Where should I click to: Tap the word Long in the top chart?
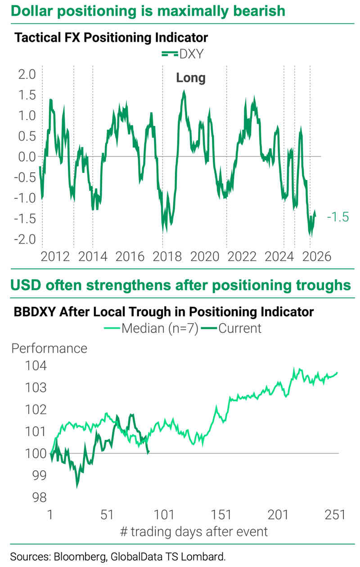190,78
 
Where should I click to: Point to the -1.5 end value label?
337,217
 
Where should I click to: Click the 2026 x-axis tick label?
316,257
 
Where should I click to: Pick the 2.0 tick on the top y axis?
27,75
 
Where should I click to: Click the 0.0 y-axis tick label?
27,157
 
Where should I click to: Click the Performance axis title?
49,348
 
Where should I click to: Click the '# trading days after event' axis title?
194,531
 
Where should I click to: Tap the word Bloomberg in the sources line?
75,557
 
